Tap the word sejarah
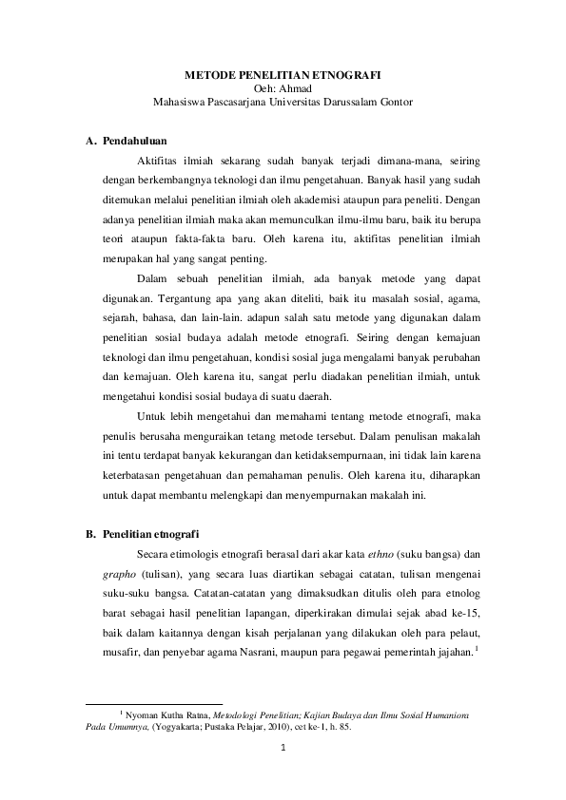point(123,318)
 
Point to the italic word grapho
point(121,572)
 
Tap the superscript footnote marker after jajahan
point(476,648)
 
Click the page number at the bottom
point(283,747)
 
